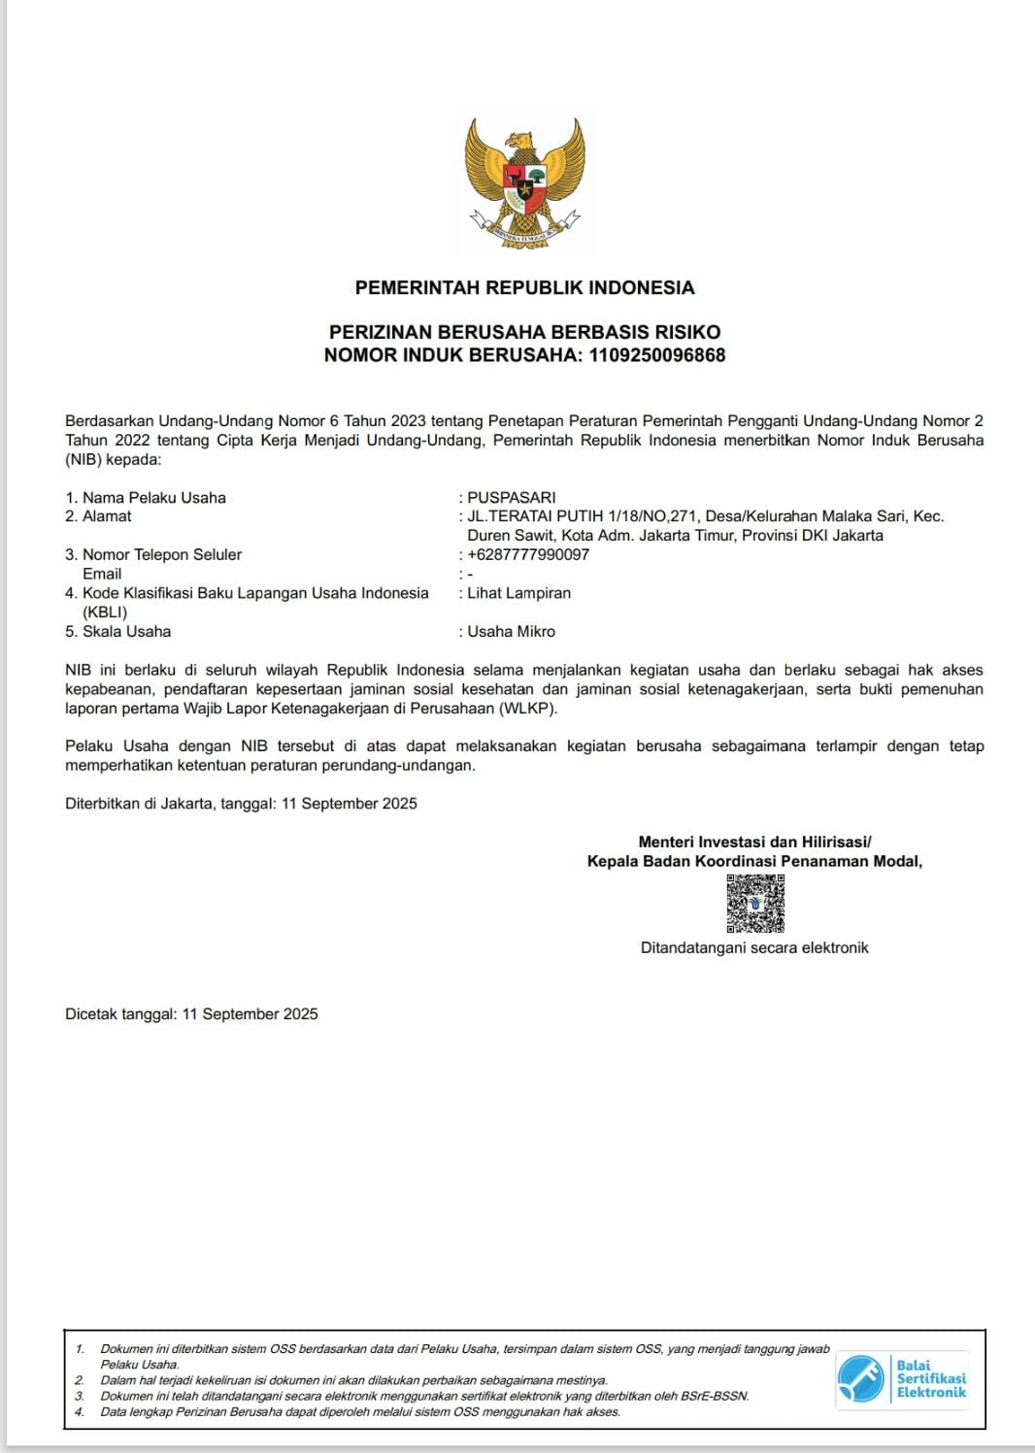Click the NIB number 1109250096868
pyautogui.click(x=657, y=355)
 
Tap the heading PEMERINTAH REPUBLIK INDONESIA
pyautogui.click(x=524, y=287)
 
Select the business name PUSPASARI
pyautogui.click(x=512, y=498)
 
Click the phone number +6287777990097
pyautogui.click(x=528, y=555)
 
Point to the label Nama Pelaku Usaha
pyautogui.click(x=153, y=498)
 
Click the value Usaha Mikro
pyautogui.click(x=512, y=632)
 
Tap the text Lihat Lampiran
pyautogui.click(x=519, y=593)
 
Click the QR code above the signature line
pyautogui.click(x=755, y=904)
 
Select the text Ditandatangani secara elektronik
pyautogui.click(x=754, y=948)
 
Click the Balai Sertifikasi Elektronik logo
pyautogui.click(x=902, y=1379)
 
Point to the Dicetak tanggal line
pyautogui.click(x=191, y=1014)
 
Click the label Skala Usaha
pyautogui.click(x=126, y=632)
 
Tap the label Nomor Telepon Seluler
pyautogui.click(x=161, y=555)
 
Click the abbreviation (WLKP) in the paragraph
pyautogui.click(x=528, y=709)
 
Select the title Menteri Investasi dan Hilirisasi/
pyautogui.click(x=754, y=842)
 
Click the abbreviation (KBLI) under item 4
pyautogui.click(x=105, y=612)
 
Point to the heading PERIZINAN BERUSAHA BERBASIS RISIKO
pyautogui.click(x=524, y=332)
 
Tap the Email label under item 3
pyautogui.click(x=102, y=575)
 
